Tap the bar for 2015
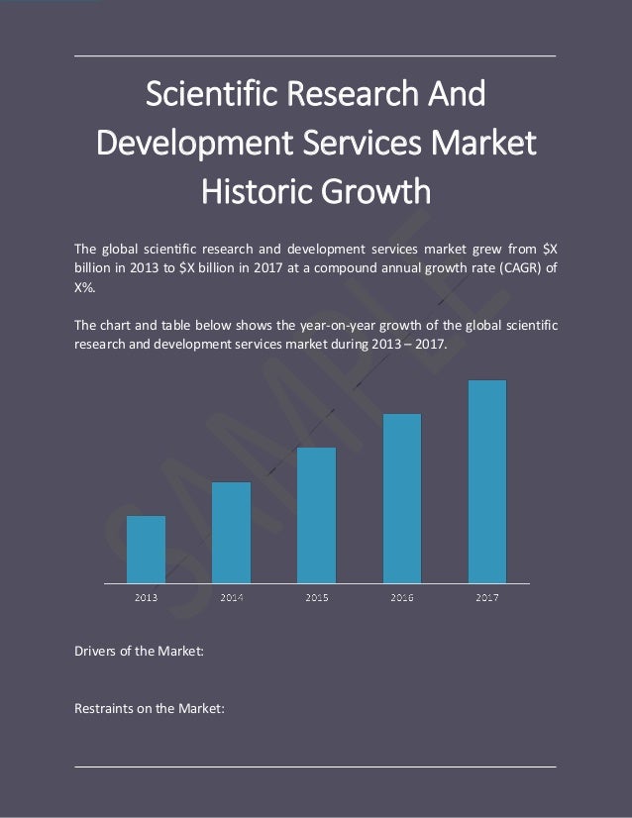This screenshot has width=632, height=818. click(316, 514)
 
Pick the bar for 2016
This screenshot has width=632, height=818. click(401, 497)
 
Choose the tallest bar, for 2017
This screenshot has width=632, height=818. click(486, 480)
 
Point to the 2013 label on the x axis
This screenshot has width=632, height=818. click(147, 597)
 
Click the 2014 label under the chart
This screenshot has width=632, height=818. click(232, 597)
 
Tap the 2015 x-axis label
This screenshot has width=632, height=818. click(317, 597)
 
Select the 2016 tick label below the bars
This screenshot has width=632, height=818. click(401, 597)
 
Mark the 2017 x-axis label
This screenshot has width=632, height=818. click(486, 597)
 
